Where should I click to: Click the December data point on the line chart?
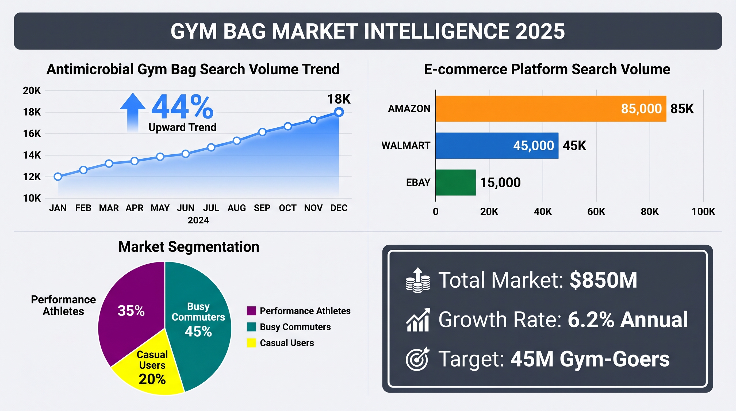[x=339, y=112]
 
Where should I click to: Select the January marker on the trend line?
[x=58, y=177]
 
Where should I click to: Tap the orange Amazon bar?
[x=551, y=109]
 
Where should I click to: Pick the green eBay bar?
[x=456, y=182]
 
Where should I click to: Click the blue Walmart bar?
[x=497, y=146]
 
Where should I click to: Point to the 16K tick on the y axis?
[x=32, y=134]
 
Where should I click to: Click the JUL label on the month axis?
[x=211, y=208]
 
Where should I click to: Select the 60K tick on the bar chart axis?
[x=596, y=211]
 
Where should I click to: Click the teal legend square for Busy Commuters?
[x=251, y=327]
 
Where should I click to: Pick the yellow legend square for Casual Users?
[x=251, y=343]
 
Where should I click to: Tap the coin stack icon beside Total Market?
[x=418, y=280]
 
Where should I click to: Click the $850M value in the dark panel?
[x=603, y=280]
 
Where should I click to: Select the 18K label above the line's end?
[x=339, y=99]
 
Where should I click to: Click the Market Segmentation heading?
[x=189, y=247]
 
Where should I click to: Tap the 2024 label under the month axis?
[x=198, y=220]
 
